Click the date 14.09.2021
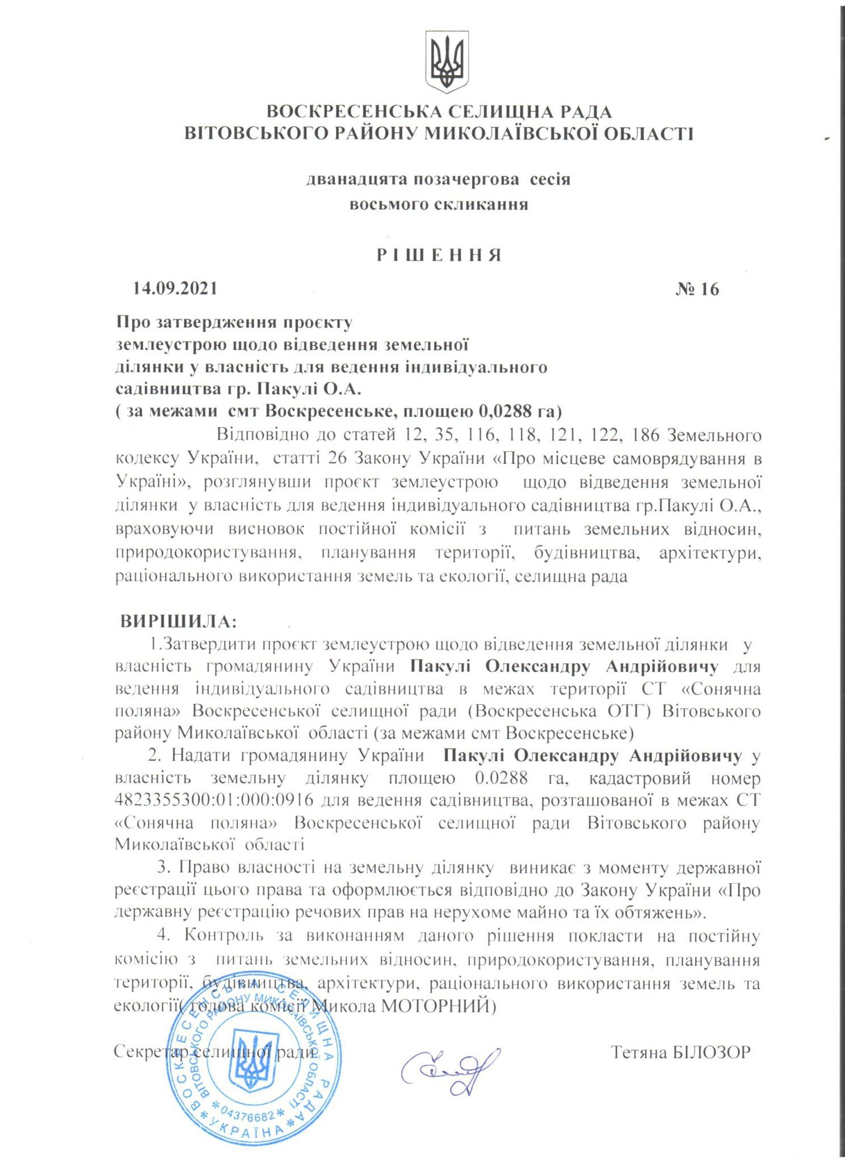(175, 289)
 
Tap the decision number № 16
(697, 290)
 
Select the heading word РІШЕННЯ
(439, 255)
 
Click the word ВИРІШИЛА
(178, 621)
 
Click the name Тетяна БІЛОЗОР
(681, 1052)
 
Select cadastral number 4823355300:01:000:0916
(215, 800)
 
